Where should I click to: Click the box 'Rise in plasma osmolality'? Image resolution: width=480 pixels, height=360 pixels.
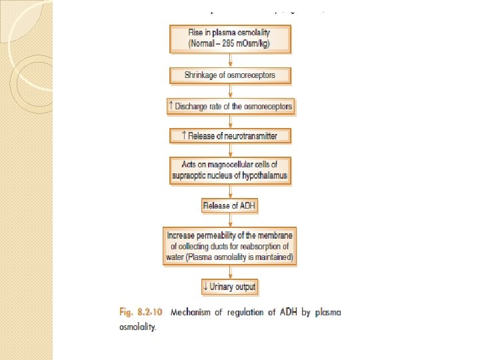(229, 39)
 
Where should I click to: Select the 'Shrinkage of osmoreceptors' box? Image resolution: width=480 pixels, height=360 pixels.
(229, 75)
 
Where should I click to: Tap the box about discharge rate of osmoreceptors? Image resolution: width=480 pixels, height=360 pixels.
(229, 106)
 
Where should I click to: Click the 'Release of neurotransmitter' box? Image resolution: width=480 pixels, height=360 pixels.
(229, 136)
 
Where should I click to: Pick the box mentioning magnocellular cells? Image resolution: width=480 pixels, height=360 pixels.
(229, 170)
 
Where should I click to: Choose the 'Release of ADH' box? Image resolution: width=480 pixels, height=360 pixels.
(229, 205)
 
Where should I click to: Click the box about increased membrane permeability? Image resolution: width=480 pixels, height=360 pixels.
(229, 247)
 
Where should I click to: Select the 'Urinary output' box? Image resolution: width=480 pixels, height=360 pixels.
(229, 287)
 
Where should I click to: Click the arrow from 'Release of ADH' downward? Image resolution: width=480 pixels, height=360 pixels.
(229, 220)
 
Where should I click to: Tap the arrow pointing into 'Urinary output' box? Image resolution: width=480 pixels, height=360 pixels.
(229, 273)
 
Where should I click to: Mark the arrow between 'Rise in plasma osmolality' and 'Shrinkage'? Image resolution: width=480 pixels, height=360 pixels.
(229, 59)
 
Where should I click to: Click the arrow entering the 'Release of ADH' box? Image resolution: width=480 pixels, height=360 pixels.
(229, 191)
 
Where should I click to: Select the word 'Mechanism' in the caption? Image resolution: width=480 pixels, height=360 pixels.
(193, 312)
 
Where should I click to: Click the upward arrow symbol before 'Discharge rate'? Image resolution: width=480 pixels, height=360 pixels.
(172, 106)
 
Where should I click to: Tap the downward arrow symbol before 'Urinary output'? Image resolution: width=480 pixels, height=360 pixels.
(205, 287)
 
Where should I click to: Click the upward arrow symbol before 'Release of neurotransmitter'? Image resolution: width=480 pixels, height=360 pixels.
(185, 136)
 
